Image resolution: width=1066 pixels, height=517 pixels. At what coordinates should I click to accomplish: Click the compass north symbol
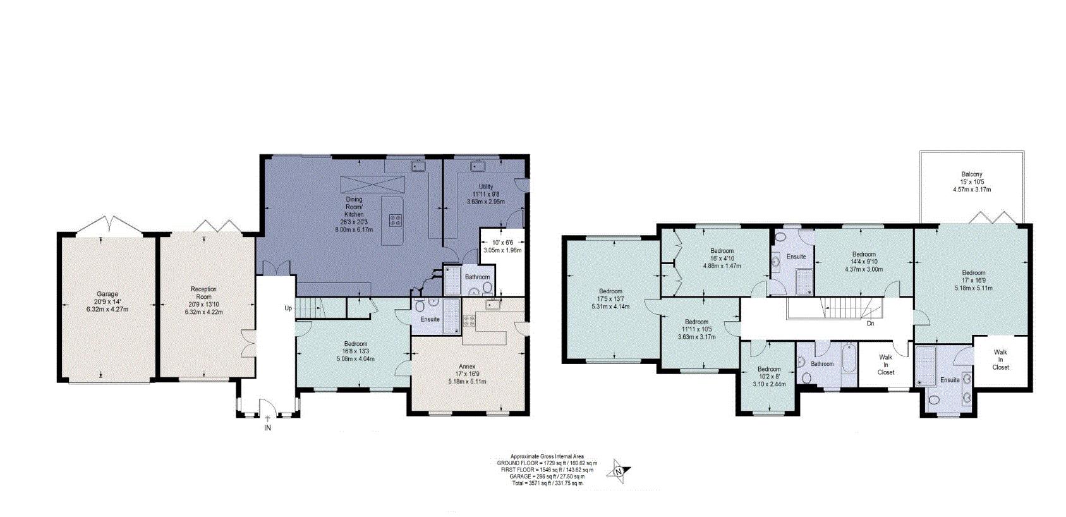tap(619, 471)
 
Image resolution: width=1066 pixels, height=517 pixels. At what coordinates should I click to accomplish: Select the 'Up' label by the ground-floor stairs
tap(288, 308)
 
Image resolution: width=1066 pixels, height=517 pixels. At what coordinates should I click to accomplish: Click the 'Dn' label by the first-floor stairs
tap(870, 324)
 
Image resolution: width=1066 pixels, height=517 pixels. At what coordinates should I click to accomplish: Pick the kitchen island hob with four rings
tap(396, 221)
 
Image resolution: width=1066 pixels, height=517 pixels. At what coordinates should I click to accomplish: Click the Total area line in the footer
tap(547, 483)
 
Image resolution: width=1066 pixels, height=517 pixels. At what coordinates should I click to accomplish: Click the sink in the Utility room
tap(476, 166)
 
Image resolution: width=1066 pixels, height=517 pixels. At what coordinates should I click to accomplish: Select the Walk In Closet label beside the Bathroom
tap(886, 365)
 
